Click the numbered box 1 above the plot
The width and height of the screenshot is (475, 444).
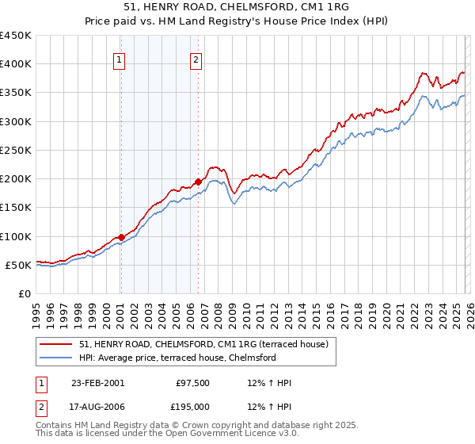pos(119,59)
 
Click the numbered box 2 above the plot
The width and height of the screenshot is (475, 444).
pos(196,59)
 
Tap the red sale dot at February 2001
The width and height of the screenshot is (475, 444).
pos(121,237)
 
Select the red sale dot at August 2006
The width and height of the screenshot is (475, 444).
pos(198,182)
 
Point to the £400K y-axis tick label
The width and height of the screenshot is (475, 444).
pos(15,64)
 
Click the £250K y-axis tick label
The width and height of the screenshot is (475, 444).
pos(15,150)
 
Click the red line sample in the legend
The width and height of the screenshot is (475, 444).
pos(56,344)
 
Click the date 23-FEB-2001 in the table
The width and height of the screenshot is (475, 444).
pos(97,383)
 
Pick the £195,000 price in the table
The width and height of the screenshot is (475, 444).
pos(193,406)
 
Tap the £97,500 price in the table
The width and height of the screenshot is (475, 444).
pos(193,383)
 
